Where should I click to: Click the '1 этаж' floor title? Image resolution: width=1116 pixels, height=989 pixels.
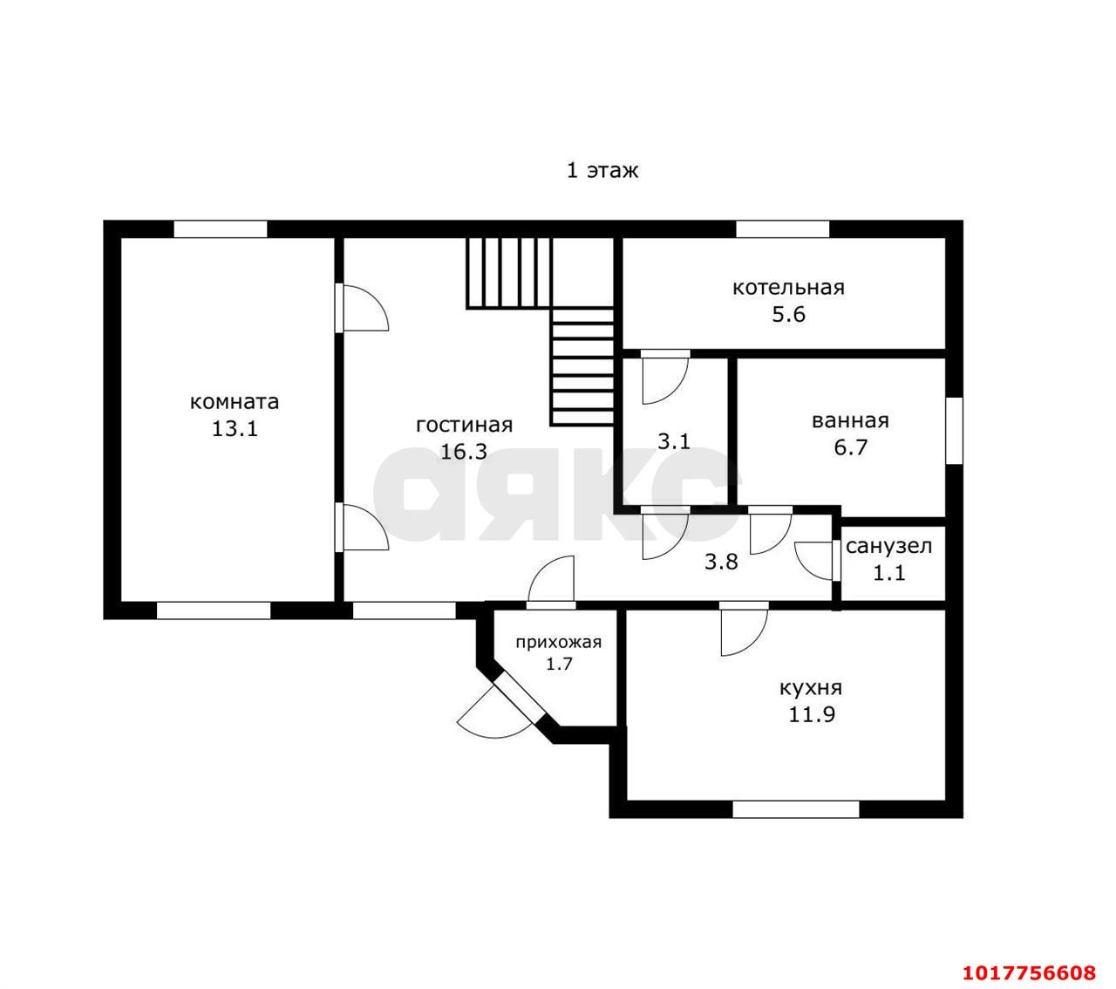click(602, 170)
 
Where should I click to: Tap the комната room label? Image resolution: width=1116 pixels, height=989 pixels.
click(235, 402)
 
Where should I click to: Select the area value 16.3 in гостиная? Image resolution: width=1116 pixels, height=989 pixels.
click(464, 452)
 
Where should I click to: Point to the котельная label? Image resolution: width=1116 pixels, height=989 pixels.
click(787, 288)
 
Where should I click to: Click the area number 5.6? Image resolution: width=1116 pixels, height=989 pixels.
click(788, 315)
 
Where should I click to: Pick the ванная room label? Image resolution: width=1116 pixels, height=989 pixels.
click(850, 421)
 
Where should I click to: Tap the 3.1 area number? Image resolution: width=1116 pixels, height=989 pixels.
click(674, 441)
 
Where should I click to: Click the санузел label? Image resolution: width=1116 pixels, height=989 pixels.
click(888, 547)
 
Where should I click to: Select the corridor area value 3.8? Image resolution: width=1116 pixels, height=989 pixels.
click(721, 562)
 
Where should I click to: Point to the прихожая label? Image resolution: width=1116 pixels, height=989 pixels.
click(559, 642)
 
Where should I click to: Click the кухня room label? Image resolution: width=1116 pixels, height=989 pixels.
click(811, 688)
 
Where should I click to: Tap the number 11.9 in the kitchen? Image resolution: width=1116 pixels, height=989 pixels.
click(812, 714)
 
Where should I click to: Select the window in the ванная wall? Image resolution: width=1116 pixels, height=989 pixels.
click(954, 431)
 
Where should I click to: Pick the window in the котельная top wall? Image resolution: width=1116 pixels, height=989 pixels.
click(782, 228)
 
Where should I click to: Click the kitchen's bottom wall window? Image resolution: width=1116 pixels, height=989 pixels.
click(795, 809)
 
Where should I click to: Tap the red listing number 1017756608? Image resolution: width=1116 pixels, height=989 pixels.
click(1029, 958)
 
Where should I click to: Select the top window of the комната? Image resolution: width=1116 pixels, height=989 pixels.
click(221, 228)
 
